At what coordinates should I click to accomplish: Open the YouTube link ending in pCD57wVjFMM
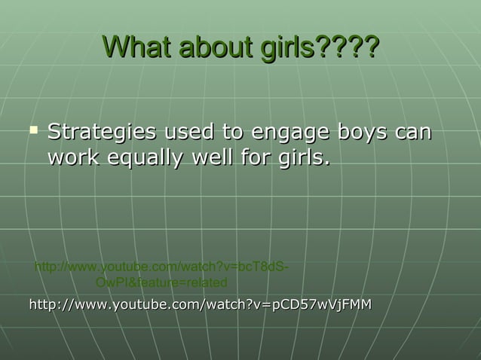coord(200,304)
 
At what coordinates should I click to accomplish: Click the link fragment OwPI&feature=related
coord(161,282)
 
